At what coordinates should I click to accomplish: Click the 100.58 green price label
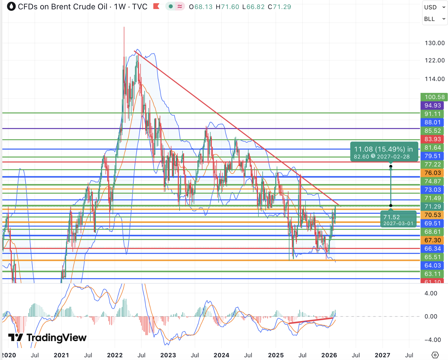click(434, 97)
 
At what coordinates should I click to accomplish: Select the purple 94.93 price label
click(432, 105)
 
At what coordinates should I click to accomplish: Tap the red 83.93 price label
click(432, 139)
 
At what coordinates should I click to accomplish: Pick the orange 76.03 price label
click(432, 173)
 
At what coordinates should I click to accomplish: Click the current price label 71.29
click(432, 207)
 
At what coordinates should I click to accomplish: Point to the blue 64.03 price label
click(432, 265)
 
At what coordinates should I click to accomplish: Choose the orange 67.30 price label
click(432, 240)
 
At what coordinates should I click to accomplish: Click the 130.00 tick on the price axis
click(435, 43)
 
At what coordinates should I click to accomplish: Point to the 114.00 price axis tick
click(435, 79)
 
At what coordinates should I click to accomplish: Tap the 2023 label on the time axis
click(168, 355)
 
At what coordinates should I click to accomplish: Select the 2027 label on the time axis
click(382, 355)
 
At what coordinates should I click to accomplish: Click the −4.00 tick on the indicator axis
click(431, 340)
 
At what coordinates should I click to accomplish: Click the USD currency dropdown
click(434, 7)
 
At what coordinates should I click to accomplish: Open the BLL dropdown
click(434, 19)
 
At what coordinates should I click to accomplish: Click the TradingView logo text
click(56, 338)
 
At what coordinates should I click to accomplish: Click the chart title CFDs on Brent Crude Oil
click(63, 7)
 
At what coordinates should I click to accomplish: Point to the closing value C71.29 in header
click(279, 7)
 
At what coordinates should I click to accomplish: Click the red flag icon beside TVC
click(156, 6)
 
